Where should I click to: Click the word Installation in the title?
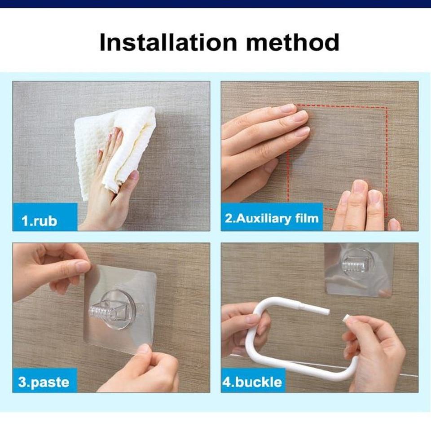(168, 42)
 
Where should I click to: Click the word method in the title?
(292, 42)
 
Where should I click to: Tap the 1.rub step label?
(40, 221)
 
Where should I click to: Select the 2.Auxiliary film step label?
(272, 218)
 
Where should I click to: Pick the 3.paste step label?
(44, 383)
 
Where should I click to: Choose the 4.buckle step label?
(252, 383)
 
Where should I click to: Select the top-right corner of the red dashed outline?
(387, 107)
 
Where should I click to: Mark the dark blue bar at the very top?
(215, 4)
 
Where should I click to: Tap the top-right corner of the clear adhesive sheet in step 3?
(156, 273)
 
